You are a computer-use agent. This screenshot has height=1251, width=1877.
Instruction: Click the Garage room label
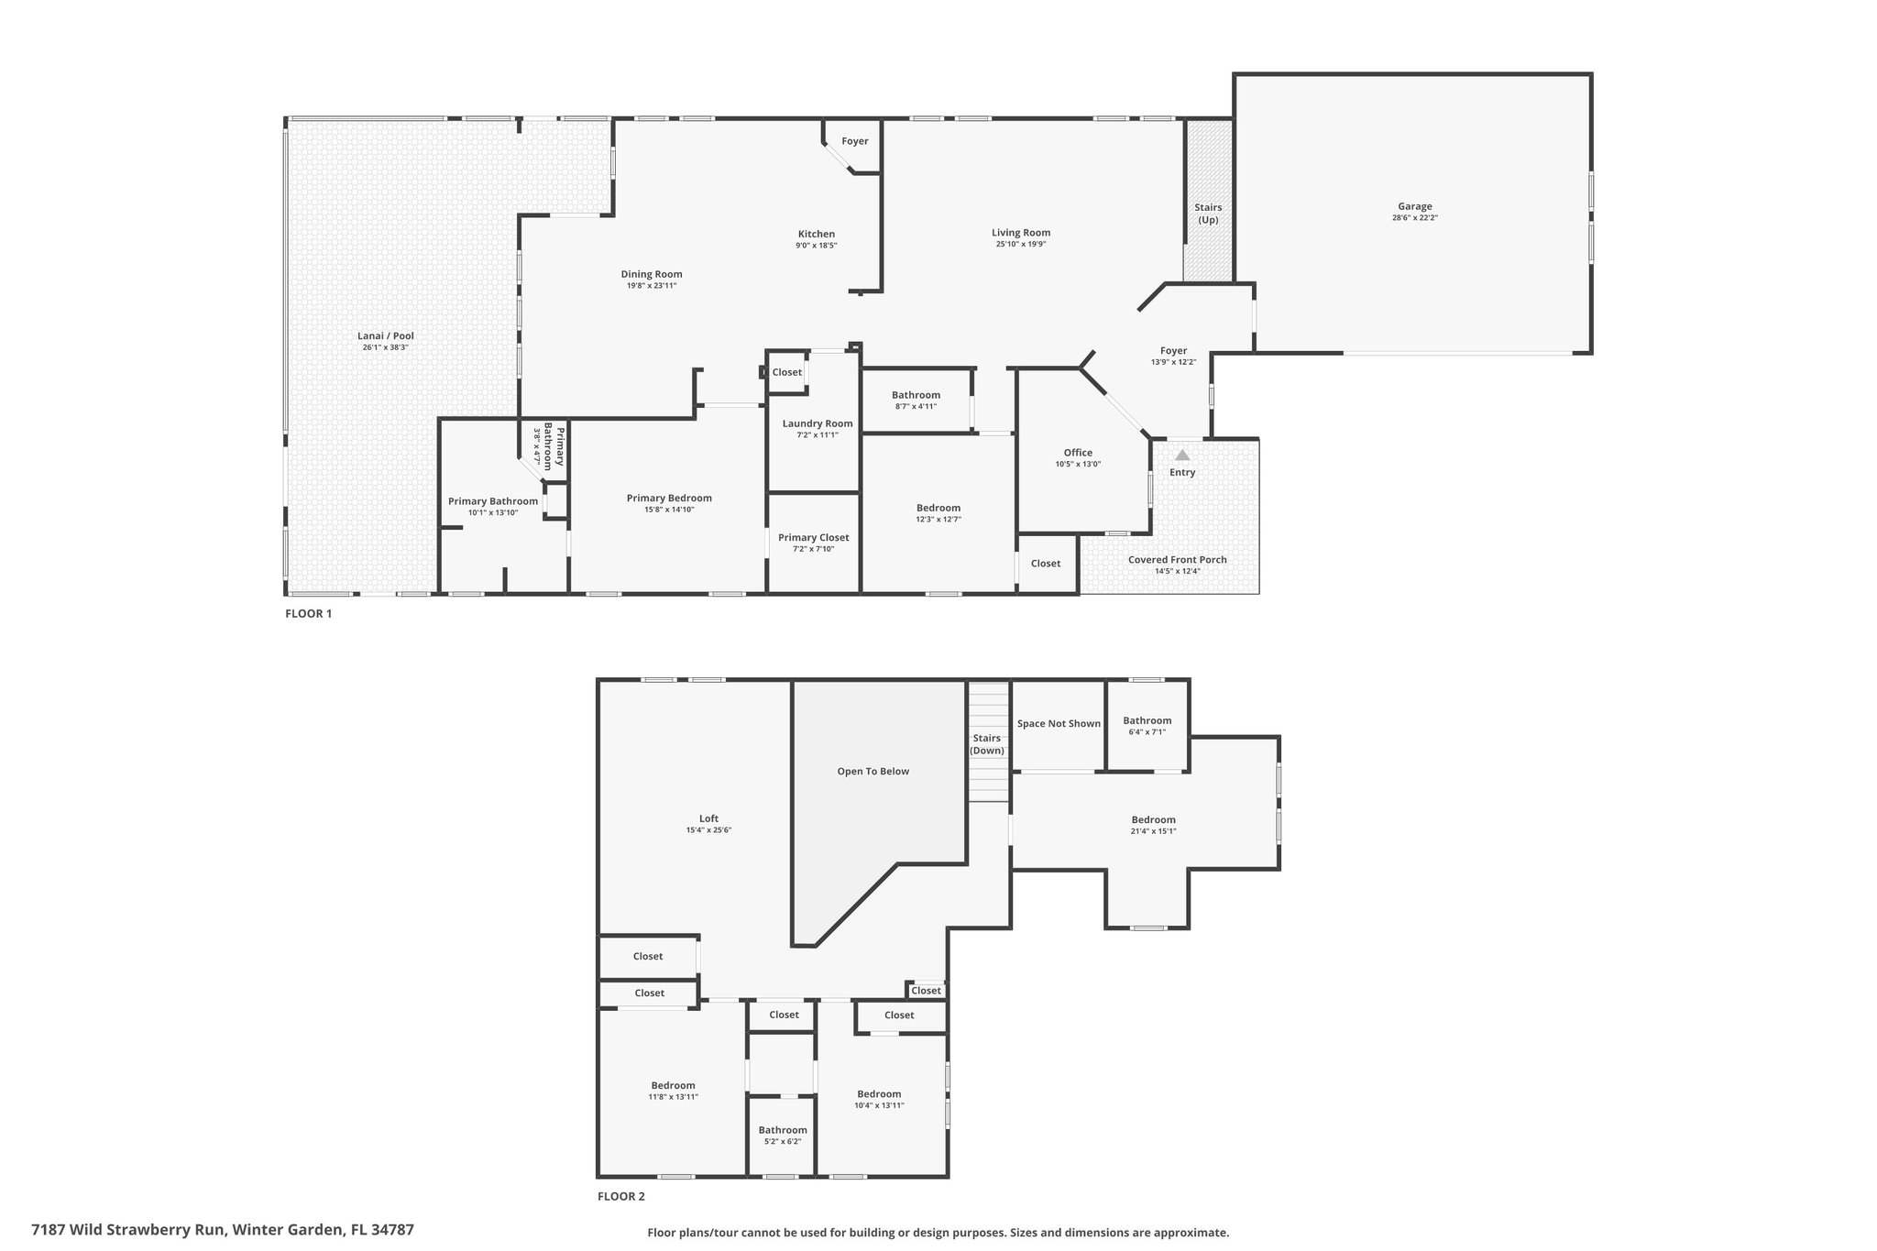point(1415,206)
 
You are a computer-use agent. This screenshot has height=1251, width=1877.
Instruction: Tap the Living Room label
point(1021,233)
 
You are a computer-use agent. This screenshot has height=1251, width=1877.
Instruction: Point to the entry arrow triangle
point(1182,455)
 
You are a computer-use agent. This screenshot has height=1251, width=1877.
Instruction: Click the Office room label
point(1078,453)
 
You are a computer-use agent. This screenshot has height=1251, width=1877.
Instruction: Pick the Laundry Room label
point(818,423)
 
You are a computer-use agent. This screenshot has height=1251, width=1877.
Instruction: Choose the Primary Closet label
point(814,538)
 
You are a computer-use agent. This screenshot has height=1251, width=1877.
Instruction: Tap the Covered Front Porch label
point(1178,560)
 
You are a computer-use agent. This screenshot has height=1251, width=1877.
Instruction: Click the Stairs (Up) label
point(1208,214)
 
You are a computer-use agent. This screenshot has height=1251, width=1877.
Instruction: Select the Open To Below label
point(873,772)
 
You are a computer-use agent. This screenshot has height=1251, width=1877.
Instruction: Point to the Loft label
point(709,819)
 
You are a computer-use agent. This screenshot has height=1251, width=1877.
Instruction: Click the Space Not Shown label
point(1059,724)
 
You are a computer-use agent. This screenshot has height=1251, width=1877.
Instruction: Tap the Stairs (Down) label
point(987,744)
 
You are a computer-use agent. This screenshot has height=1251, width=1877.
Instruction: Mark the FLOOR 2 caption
point(621,1196)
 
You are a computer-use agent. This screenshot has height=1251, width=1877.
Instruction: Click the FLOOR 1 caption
point(309,614)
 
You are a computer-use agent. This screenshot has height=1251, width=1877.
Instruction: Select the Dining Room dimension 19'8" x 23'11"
point(652,286)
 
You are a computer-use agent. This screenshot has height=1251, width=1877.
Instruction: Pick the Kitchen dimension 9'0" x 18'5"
point(817,246)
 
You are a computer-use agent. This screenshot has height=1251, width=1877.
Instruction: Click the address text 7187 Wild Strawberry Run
point(128,1230)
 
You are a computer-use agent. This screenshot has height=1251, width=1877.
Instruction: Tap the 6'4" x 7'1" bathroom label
point(1147,732)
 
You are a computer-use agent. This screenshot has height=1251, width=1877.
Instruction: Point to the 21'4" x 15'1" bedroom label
point(1154,831)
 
